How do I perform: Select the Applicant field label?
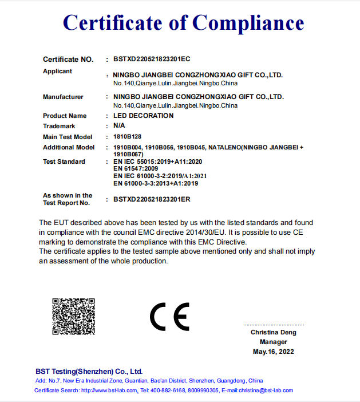(58, 71)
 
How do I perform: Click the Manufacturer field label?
(63, 97)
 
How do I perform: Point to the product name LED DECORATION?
(143, 116)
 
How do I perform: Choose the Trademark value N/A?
(119, 125)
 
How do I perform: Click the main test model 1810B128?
(127, 137)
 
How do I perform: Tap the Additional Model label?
(69, 147)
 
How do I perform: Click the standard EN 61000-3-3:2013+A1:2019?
(155, 183)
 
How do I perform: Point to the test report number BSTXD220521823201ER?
(152, 199)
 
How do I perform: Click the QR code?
(73, 316)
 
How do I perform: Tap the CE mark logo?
(169, 316)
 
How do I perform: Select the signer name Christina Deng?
(274, 333)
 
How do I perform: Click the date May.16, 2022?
(274, 352)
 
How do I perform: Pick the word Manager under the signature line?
(274, 342)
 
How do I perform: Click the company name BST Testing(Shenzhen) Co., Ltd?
(89, 371)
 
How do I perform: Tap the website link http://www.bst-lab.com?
(109, 391)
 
